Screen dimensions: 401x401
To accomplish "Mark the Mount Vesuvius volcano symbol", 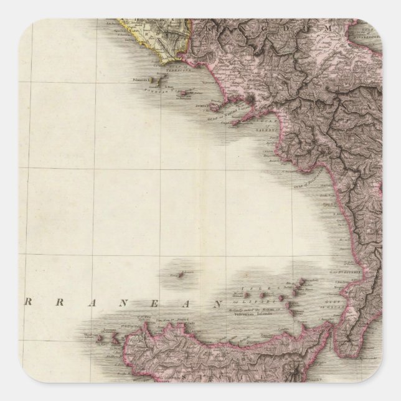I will tap(250, 100).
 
